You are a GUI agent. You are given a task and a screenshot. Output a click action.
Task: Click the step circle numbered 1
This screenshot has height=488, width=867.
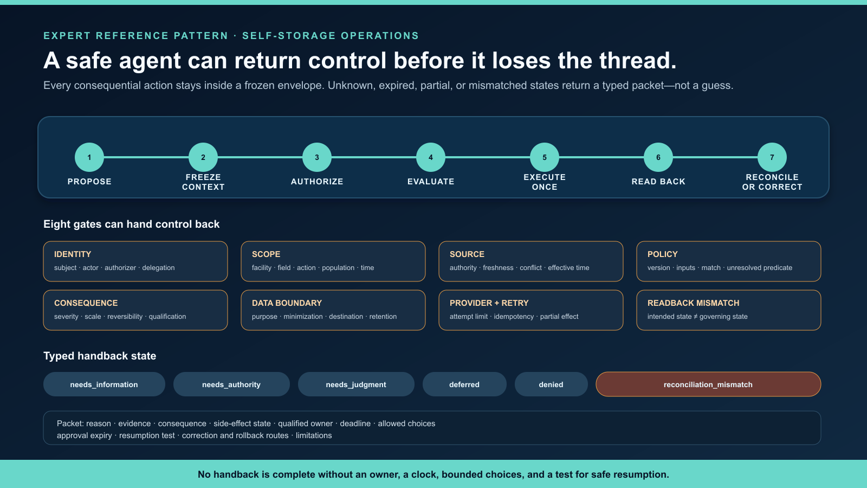tap(89, 157)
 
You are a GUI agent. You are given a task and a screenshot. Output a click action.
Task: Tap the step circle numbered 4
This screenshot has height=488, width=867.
tap(431, 157)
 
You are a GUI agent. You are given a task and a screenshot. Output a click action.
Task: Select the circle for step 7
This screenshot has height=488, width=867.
tap(772, 157)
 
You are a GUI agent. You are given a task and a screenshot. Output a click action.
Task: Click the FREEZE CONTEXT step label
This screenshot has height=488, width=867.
tap(203, 182)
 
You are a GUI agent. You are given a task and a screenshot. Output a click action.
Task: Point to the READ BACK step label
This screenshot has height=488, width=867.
tap(658, 182)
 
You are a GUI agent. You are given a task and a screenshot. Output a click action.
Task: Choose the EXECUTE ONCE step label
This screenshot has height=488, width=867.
tap(545, 182)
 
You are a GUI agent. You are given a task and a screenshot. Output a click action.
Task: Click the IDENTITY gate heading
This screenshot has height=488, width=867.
tap(73, 254)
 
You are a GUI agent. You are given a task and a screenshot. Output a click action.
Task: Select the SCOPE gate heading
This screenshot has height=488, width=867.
tap(266, 254)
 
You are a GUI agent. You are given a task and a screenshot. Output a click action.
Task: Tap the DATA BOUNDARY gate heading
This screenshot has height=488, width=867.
tap(287, 303)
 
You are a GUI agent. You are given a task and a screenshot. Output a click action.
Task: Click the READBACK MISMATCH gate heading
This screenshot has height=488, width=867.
tap(693, 303)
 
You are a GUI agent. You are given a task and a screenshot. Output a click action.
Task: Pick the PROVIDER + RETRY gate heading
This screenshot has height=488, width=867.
tap(489, 303)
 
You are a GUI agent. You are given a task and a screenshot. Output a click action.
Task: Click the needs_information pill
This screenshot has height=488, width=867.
tap(104, 384)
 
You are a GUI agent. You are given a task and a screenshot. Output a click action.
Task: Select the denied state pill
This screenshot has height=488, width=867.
tap(551, 384)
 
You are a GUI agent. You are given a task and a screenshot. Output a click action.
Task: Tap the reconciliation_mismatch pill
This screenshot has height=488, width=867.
tap(708, 384)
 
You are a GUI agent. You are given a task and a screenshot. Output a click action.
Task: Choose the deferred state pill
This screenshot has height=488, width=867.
tap(464, 384)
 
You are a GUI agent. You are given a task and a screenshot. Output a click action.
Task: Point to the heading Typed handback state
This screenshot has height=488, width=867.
tap(100, 356)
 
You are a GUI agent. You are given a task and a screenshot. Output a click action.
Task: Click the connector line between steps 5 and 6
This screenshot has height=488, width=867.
tap(601, 157)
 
